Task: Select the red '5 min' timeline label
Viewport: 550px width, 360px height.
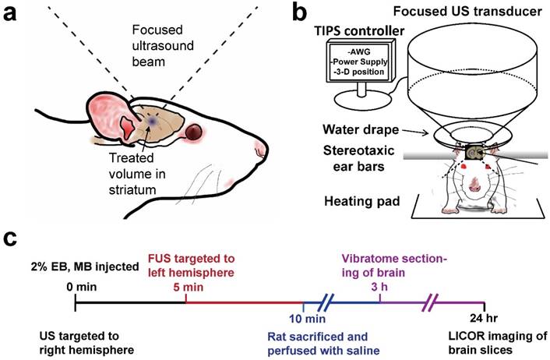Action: [x=185, y=286]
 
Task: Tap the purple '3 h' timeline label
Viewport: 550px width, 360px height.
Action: [x=380, y=287]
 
